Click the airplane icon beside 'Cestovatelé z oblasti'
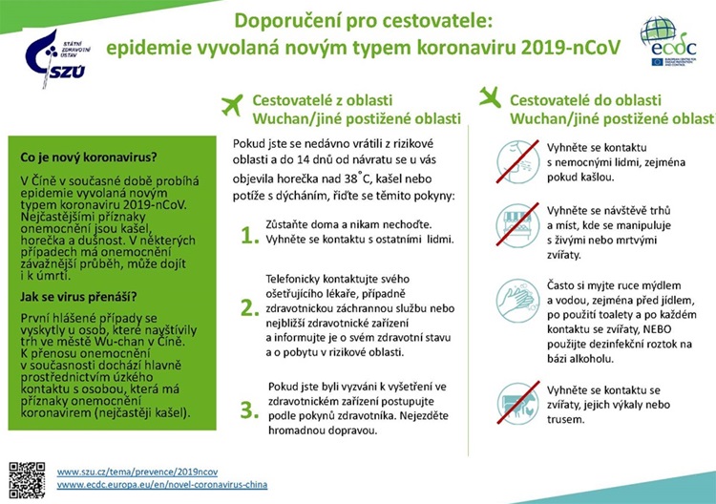[x=232, y=104]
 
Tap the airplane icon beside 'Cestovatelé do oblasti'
[x=491, y=98]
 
